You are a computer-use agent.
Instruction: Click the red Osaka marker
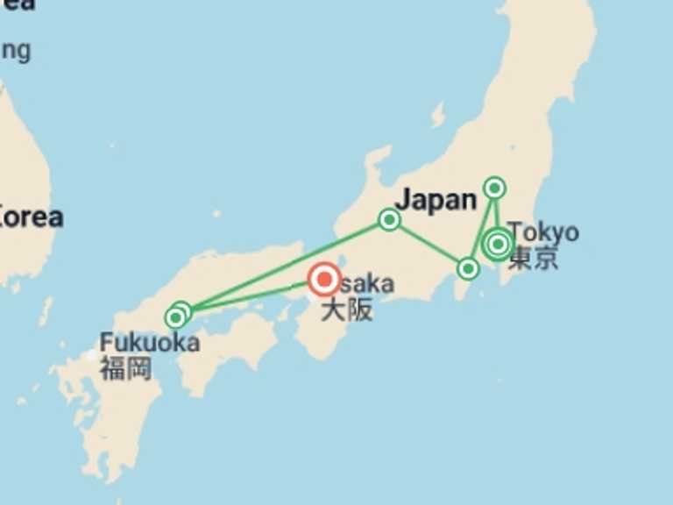coord(324,280)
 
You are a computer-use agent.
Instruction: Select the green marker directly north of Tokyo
coord(495,188)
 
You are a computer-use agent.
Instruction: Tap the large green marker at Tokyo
coord(498,245)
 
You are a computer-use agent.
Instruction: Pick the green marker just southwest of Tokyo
coord(469,268)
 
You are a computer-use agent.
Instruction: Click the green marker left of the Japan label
coord(389,219)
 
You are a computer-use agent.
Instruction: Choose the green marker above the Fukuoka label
coord(178,315)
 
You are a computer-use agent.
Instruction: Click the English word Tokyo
coord(543,232)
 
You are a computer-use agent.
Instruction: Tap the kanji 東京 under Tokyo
coord(533,259)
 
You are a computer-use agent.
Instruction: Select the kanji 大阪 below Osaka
coord(346,309)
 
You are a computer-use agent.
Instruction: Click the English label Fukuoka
coord(149,343)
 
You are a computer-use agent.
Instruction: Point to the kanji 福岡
coord(124,368)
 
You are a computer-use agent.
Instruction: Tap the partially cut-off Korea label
coord(32,217)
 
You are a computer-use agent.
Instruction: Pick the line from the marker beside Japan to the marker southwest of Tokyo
coord(429,244)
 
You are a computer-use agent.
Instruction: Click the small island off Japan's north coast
coord(438,115)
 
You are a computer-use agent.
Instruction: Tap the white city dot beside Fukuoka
coord(90,355)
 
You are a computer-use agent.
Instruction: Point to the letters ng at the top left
coord(15,50)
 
